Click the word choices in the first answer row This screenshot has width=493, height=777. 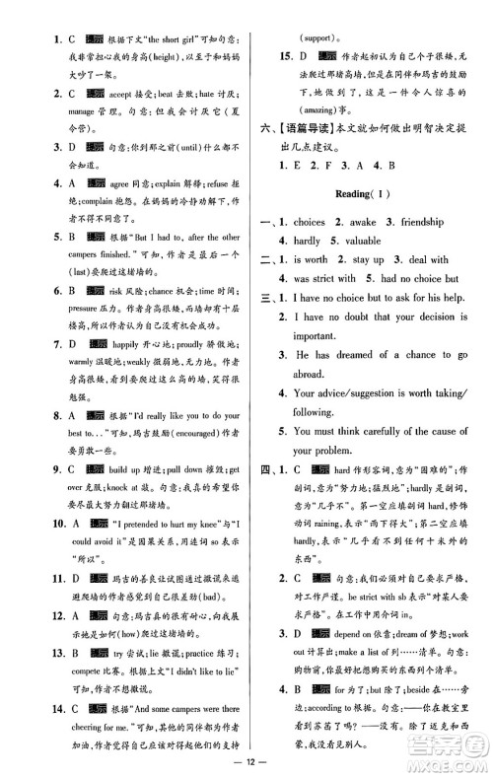[319, 222]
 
